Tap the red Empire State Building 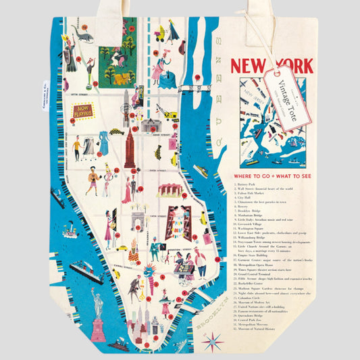click(x=129, y=146)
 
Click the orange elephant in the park click(x=120, y=79)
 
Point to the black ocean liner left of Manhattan click(x=86, y=272)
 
